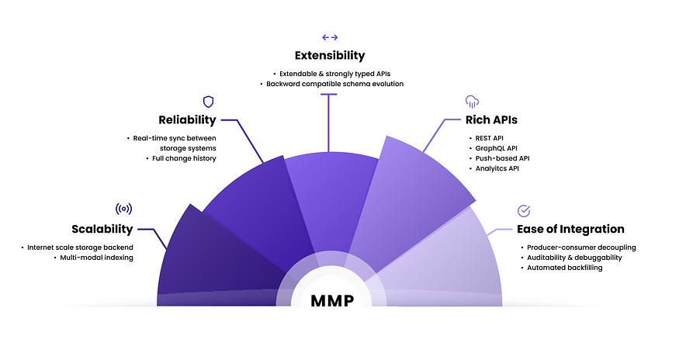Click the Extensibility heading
(x=330, y=56)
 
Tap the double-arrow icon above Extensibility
(x=330, y=38)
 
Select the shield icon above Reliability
(x=208, y=102)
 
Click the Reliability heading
(x=187, y=120)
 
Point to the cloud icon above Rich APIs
(x=472, y=102)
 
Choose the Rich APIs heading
(x=491, y=120)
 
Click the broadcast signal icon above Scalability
(x=124, y=209)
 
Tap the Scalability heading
(x=102, y=229)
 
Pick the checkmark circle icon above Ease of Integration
(x=524, y=211)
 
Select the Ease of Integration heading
(x=570, y=229)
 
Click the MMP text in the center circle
(x=333, y=300)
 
